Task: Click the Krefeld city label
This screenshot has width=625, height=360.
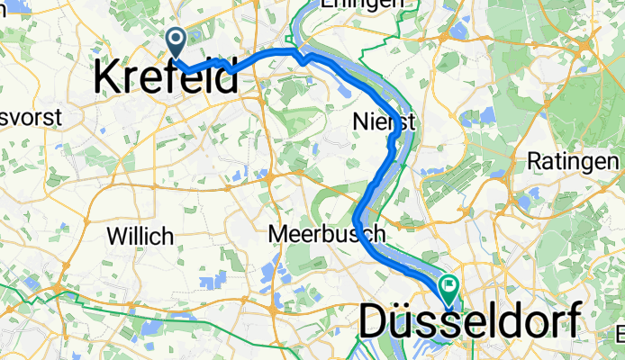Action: [x=167, y=79]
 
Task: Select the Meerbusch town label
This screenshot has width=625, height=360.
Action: [x=328, y=234]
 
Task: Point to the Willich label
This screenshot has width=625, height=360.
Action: [x=140, y=236]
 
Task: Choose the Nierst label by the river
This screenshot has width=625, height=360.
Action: [x=385, y=122]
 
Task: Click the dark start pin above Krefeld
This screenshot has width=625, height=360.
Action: [x=175, y=40]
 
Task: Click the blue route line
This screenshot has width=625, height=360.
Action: [x=270, y=56]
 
